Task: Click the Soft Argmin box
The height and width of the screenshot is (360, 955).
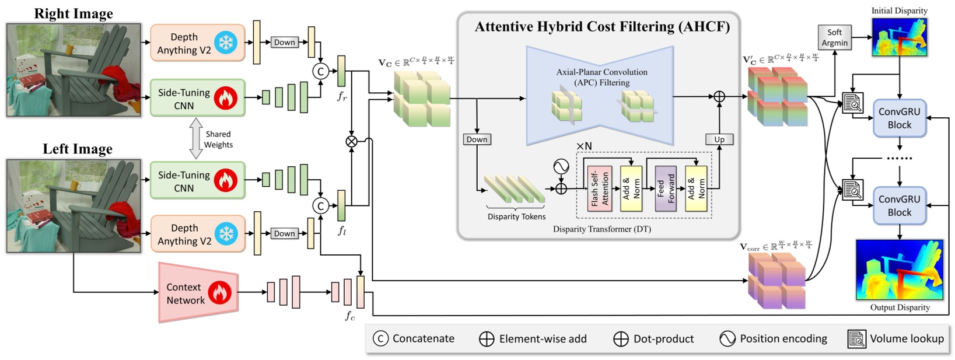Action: (834, 37)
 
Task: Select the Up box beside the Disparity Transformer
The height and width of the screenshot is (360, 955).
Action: (719, 139)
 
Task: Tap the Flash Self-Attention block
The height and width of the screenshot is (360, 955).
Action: (600, 188)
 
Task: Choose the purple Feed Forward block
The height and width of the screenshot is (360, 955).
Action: (666, 188)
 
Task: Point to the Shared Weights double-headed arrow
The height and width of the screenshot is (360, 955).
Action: (195, 138)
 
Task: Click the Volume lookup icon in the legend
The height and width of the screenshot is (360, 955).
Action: (856, 339)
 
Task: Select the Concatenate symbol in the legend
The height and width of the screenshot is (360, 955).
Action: (380, 338)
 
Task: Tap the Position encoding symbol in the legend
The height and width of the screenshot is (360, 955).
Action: (727, 338)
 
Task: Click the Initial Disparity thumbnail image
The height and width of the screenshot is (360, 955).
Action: (900, 37)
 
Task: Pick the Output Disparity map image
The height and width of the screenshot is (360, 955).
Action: (900, 270)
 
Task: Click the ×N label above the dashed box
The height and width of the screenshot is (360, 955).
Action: (584, 146)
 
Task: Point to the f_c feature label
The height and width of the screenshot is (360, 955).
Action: (349, 316)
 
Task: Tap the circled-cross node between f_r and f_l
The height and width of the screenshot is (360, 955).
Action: (351, 141)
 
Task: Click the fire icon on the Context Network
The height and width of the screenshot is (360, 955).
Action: (220, 292)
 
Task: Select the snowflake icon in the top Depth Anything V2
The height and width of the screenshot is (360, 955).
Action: (226, 43)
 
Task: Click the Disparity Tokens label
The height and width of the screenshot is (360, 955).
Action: (516, 216)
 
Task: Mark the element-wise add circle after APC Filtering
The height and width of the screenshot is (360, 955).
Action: (719, 96)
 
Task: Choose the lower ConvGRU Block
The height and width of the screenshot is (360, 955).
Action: (900, 205)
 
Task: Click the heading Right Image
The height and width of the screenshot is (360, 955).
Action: (74, 13)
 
